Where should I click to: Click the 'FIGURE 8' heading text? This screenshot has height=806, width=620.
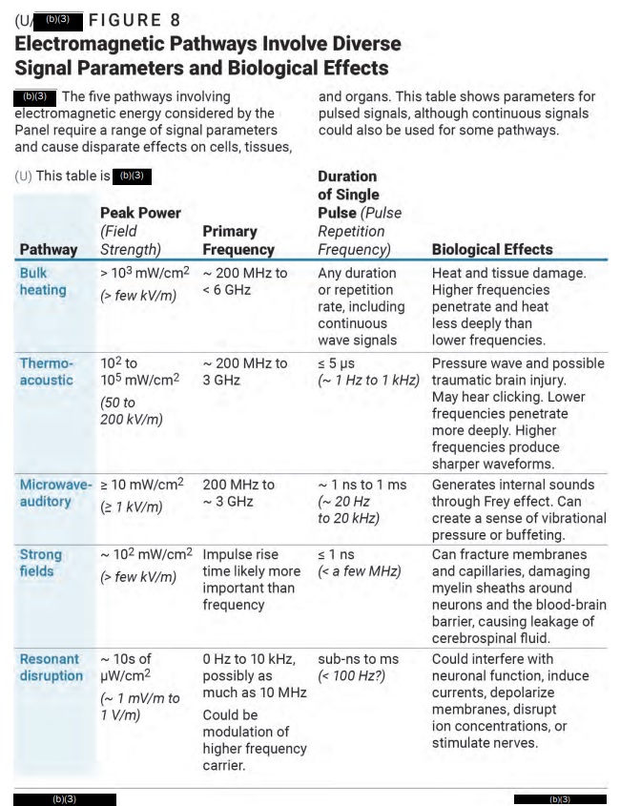(134, 19)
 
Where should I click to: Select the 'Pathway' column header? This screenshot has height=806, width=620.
(48, 249)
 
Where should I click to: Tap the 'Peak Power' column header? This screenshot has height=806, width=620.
(140, 212)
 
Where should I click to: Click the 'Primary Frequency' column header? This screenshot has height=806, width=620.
(238, 239)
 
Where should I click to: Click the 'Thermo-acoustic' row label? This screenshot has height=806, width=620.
(47, 371)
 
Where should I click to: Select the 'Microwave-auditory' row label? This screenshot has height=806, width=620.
(55, 492)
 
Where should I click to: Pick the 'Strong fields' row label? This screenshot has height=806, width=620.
(40, 563)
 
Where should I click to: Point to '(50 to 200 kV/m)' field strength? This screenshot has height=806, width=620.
(132, 410)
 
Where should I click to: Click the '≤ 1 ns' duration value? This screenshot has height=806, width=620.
(336, 554)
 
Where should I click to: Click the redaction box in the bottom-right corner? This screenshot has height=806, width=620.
(560, 798)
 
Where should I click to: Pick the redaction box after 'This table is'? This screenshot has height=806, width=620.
(132, 176)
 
